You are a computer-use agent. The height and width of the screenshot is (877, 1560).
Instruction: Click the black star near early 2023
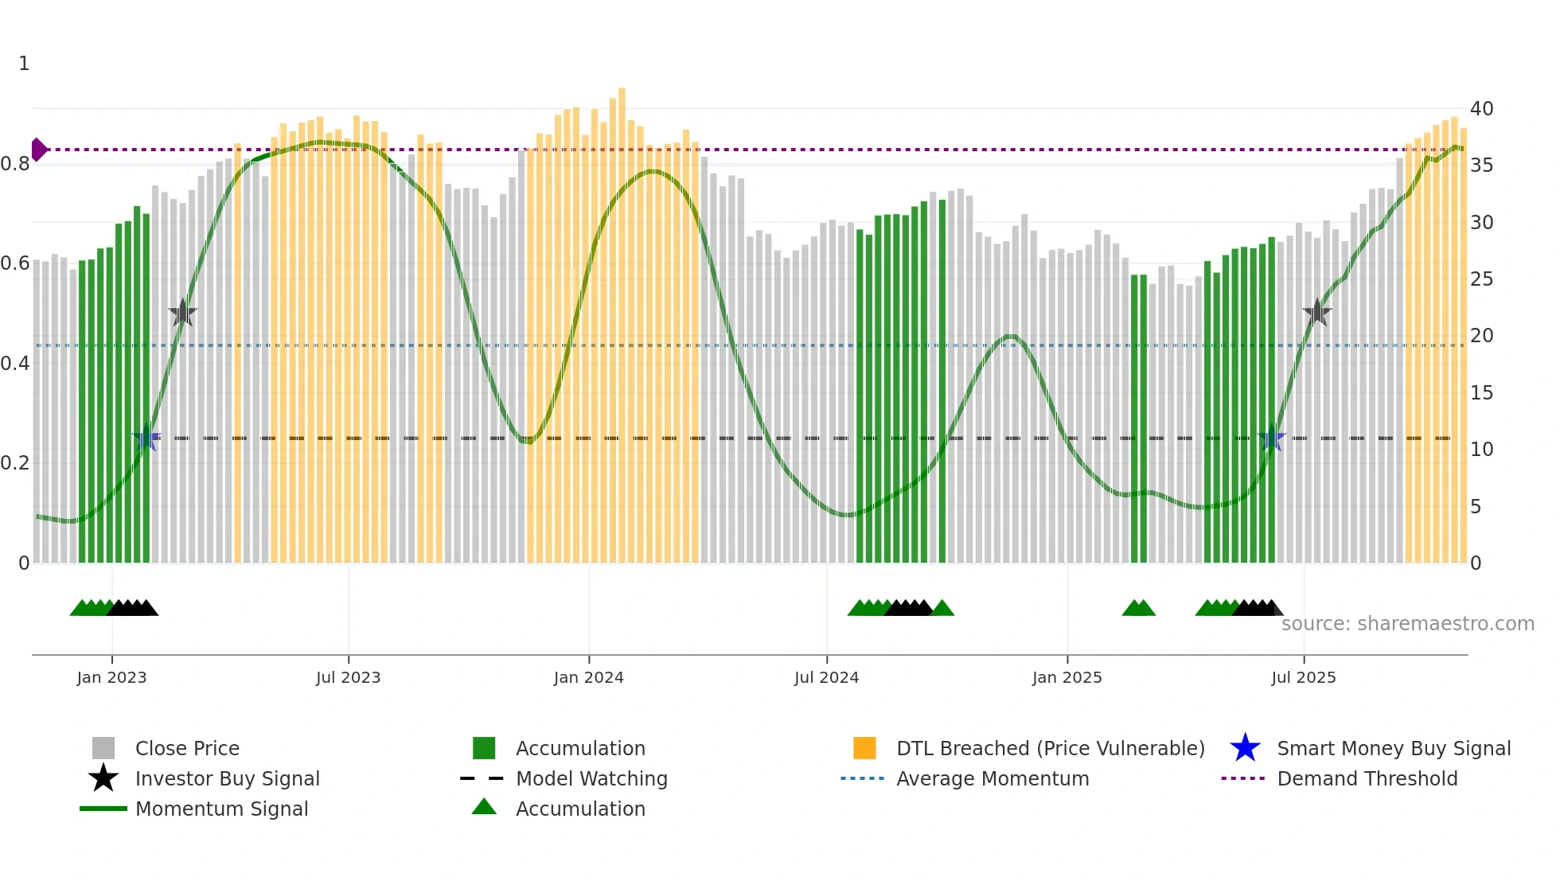[182, 313]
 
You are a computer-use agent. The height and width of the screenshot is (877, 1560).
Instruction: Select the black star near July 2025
[1317, 313]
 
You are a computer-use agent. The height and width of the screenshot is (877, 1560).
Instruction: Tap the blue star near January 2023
[146, 438]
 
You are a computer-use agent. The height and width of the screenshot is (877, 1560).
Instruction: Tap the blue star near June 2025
[1272, 438]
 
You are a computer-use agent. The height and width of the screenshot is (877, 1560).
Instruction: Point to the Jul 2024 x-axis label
[826, 677]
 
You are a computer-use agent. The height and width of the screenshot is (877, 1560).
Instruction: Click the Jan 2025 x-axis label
[1067, 677]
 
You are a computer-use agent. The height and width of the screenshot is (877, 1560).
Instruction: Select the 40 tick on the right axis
[1481, 109]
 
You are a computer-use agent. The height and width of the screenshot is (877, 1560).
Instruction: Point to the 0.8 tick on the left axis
[16, 164]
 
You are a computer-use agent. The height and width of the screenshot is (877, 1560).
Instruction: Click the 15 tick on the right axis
[1481, 393]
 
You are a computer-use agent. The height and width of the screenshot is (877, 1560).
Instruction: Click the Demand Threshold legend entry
[1367, 778]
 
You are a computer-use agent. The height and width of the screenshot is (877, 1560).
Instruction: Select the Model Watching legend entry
[591, 778]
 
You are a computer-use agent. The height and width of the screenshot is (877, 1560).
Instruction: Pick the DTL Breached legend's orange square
[864, 748]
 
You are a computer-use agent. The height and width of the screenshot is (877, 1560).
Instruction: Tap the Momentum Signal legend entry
[221, 809]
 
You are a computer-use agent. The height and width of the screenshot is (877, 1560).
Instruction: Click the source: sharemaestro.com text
[1407, 624]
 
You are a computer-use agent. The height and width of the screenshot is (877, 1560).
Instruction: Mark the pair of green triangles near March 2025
[1138, 608]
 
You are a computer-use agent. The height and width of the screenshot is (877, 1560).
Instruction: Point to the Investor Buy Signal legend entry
[227, 778]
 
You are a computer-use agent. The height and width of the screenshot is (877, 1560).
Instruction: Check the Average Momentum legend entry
[992, 778]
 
